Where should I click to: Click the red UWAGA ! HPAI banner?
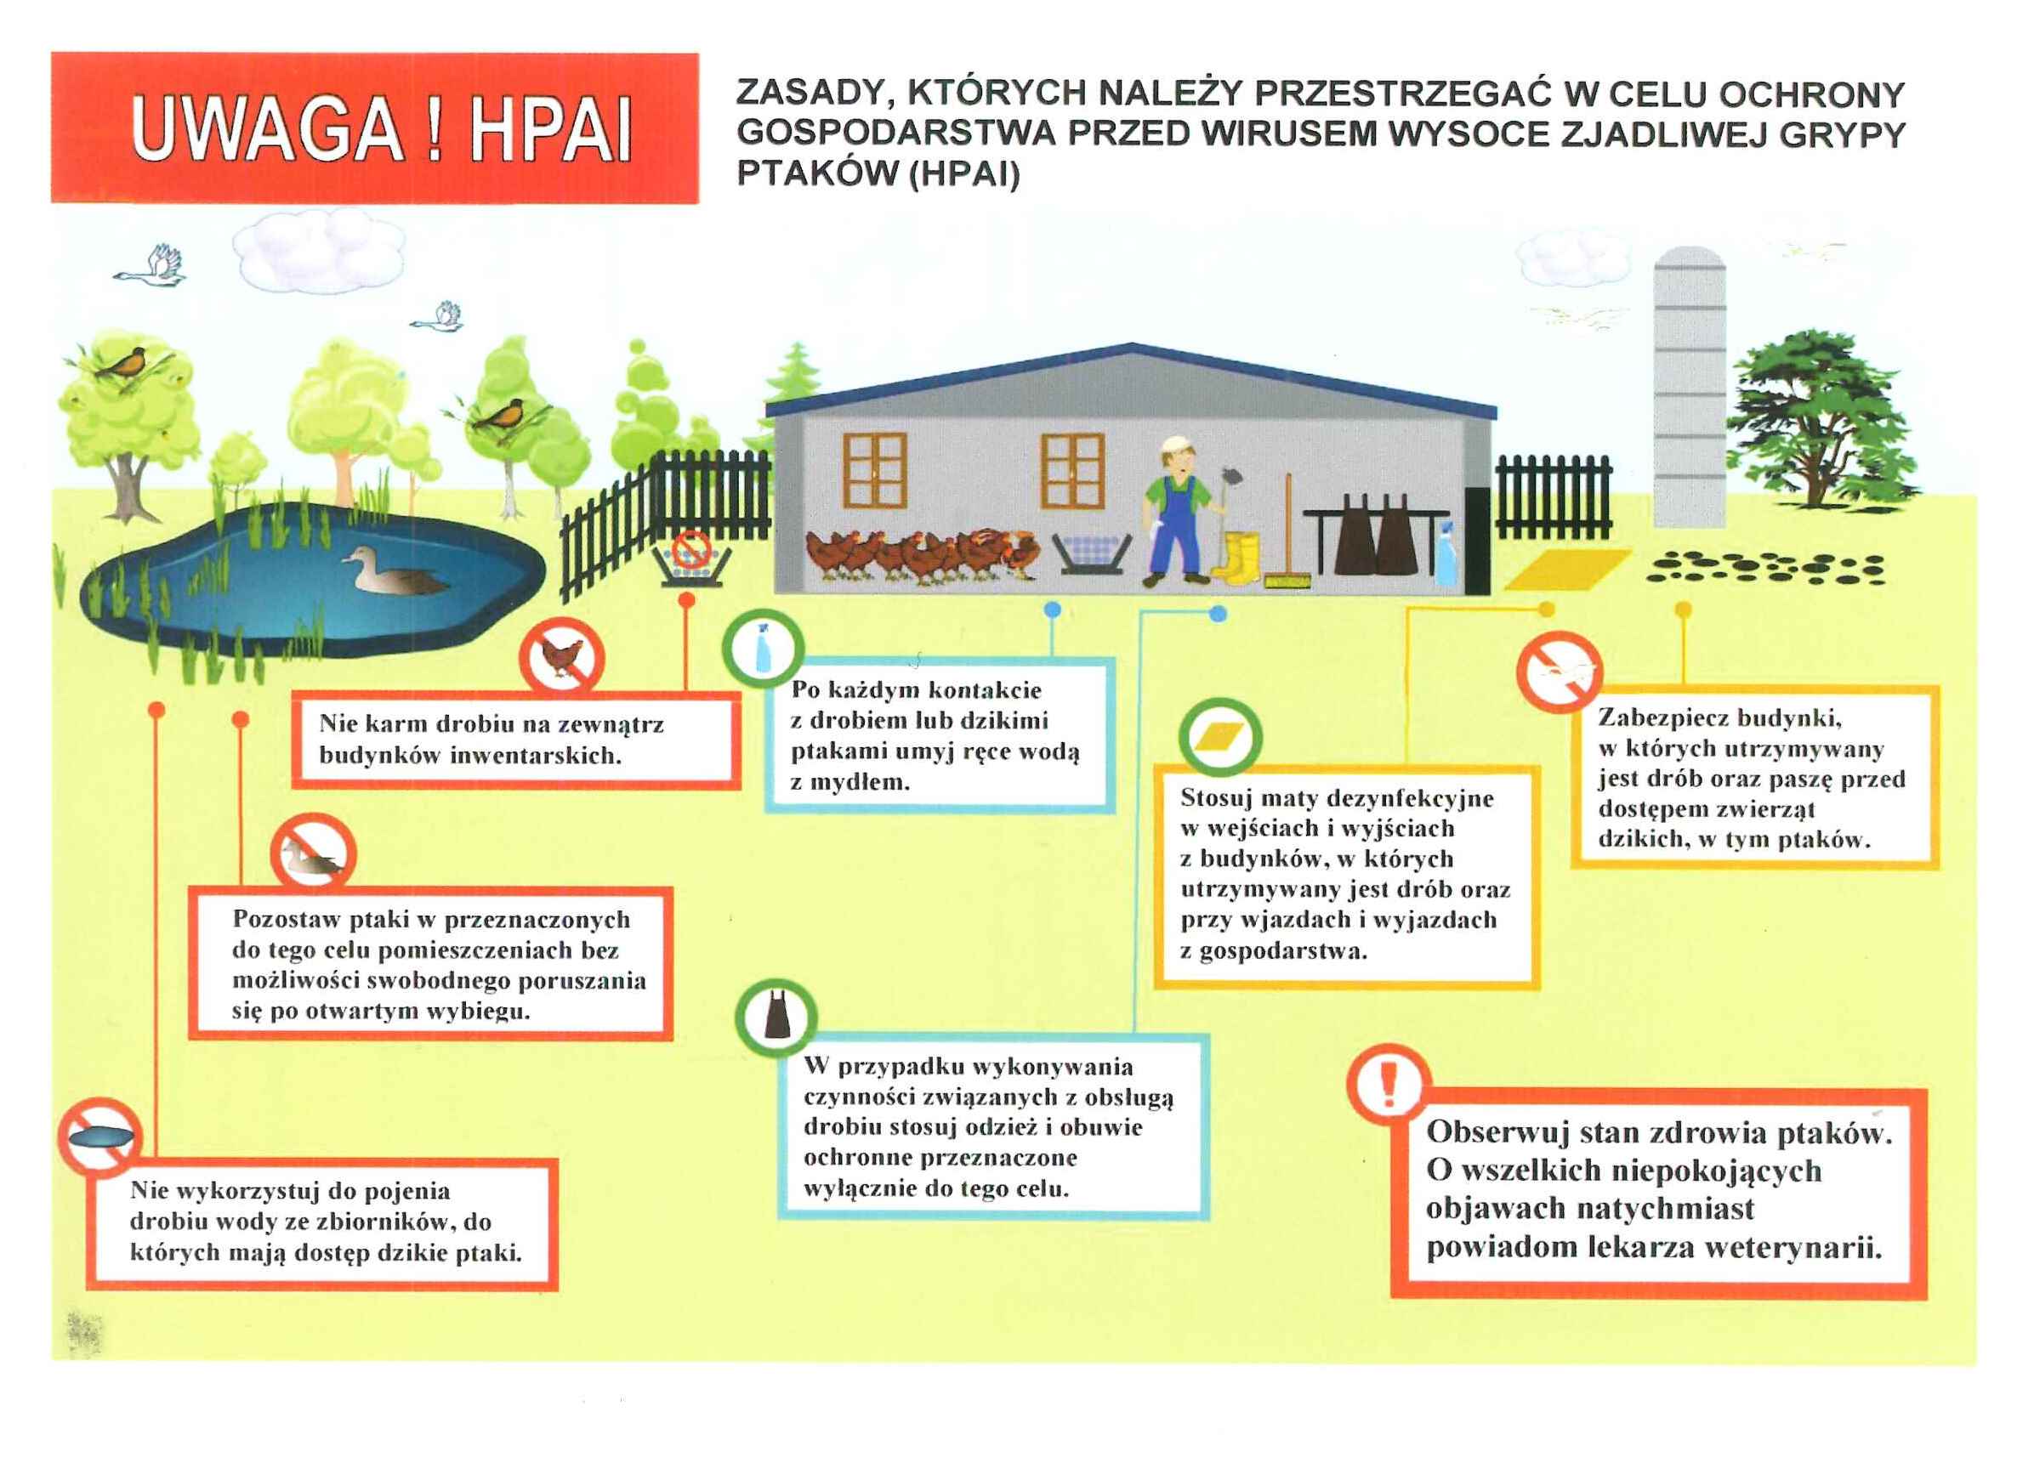pyautogui.click(x=375, y=128)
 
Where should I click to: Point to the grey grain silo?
pyautogui.click(x=1689, y=387)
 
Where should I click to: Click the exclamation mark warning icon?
pyautogui.click(x=1389, y=1084)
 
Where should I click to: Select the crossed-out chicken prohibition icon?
pyautogui.click(x=562, y=659)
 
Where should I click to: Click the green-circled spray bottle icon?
pyautogui.click(x=764, y=649)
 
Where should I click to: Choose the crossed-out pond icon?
pyautogui.click(x=99, y=1137)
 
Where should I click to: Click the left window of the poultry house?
pyautogui.click(x=875, y=469)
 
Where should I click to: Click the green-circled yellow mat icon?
pyautogui.click(x=1219, y=737)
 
